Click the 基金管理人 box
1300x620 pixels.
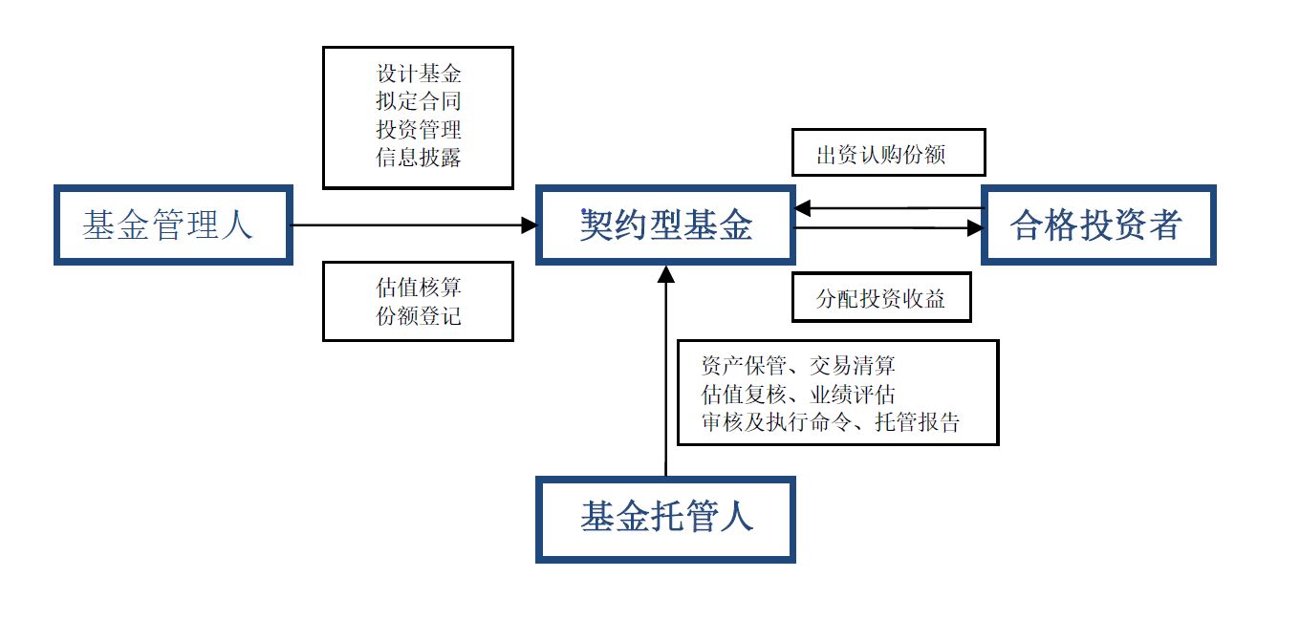172,225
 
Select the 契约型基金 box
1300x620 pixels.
665,225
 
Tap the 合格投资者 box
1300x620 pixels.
1097,225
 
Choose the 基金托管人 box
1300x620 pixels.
665,518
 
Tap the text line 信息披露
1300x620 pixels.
419,158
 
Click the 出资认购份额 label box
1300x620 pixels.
888,154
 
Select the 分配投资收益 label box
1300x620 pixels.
881,299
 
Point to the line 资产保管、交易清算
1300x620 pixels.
797,366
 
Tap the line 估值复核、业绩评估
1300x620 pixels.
797,394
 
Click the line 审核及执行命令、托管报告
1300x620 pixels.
830,422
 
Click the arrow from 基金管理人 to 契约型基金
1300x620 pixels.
411,225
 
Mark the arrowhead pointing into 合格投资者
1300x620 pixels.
975,228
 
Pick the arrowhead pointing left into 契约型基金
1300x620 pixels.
804,207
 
